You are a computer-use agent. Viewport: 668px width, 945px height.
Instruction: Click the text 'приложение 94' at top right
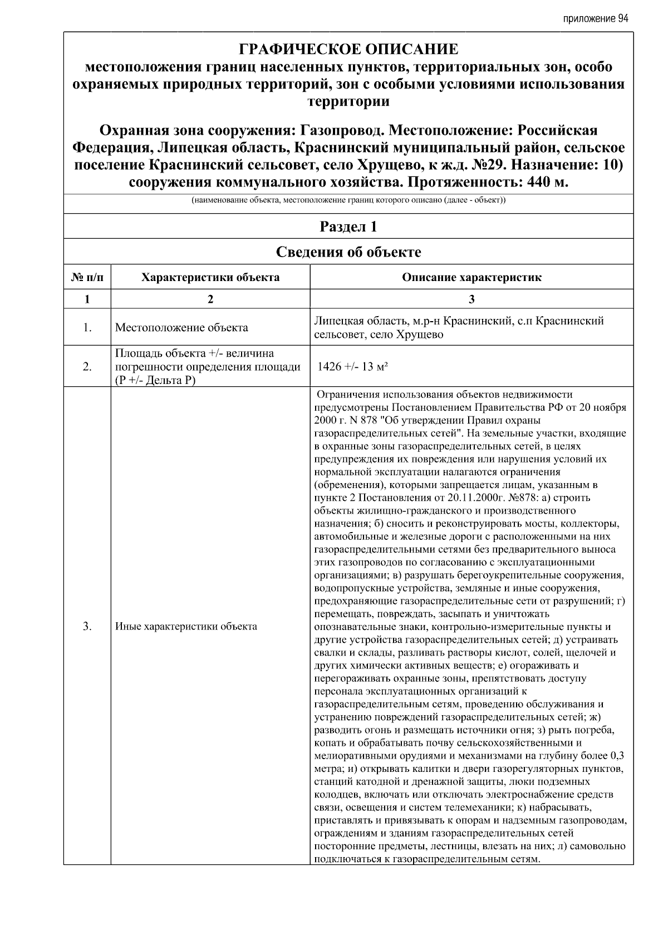point(595,19)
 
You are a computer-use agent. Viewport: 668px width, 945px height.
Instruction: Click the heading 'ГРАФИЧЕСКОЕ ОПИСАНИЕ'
point(348,50)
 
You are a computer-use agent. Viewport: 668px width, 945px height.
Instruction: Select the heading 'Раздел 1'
point(348,227)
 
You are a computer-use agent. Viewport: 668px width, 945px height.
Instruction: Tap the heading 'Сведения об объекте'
point(348,252)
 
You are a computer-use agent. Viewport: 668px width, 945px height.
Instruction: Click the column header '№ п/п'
point(87,277)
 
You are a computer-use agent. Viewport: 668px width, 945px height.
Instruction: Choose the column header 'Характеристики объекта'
point(210,277)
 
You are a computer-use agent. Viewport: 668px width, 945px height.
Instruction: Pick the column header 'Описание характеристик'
point(471,277)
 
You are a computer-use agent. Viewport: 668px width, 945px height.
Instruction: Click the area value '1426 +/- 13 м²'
point(352,367)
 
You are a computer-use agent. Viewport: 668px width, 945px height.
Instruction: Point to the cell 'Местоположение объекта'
point(181,328)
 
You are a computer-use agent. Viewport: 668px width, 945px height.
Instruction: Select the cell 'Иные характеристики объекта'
point(186,627)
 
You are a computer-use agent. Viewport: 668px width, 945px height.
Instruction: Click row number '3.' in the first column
point(87,627)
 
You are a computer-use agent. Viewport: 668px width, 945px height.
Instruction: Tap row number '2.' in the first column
point(87,367)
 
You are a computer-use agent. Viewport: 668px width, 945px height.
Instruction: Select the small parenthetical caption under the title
point(348,199)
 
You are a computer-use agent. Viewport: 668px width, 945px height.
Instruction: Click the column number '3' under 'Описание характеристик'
point(471,299)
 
